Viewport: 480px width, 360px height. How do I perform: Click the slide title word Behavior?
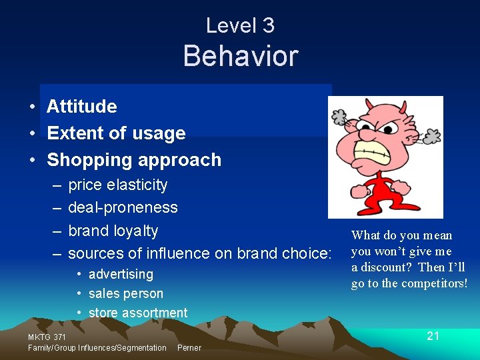(240, 56)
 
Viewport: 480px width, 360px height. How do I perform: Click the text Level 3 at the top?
(240, 25)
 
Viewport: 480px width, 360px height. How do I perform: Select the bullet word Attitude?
(81, 107)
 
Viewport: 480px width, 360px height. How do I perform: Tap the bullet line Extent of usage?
(116, 133)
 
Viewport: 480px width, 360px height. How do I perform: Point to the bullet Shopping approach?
(133, 160)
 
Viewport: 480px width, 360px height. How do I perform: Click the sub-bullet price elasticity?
(117, 185)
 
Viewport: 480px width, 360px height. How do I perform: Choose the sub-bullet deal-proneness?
(123, 207)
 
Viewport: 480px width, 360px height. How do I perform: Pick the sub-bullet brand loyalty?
(113, 231)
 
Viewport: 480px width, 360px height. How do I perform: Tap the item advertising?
(121, 274)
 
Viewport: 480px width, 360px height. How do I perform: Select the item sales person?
(125, 293)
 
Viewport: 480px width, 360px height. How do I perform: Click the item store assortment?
(138, 313)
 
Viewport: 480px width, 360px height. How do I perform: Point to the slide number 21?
(433, 336)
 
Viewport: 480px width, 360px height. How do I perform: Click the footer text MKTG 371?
(47, 337)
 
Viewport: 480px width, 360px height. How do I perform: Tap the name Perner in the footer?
(189, 348)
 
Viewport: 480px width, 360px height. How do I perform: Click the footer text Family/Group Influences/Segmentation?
(97, 348)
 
